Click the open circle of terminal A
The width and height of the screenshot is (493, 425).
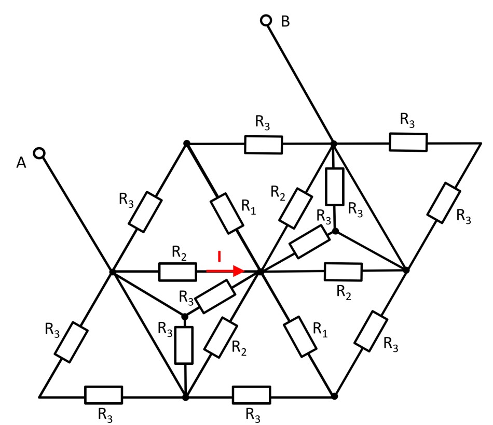(x=39, y=153)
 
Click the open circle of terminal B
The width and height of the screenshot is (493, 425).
(x=266, y=21)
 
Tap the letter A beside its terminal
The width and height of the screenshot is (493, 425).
(x=21, y=162)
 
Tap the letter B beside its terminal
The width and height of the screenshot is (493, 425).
(x=285, y=21)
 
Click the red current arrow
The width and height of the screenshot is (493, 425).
(x=225, y=271)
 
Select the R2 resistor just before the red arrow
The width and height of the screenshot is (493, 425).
(x=177, y=271)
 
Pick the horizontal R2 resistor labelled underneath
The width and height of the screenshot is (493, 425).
(x=343, y=271)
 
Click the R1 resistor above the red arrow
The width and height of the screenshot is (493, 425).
(x=226, y=212)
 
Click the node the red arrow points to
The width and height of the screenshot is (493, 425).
(x=261, y=271)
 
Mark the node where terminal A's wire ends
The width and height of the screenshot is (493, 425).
(x=112, y=271)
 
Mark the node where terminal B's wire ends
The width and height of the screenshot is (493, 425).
(x=334, y=143)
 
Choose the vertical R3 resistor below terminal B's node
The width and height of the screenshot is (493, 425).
(x=335, y=186)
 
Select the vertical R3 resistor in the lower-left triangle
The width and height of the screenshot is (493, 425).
(x=184, y=345)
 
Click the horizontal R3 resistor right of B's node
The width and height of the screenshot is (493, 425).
(x=408, y=142)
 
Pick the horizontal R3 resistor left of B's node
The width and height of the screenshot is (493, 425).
(x=264, y=145)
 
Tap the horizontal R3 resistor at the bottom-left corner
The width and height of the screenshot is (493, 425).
(x=104, y=395)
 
